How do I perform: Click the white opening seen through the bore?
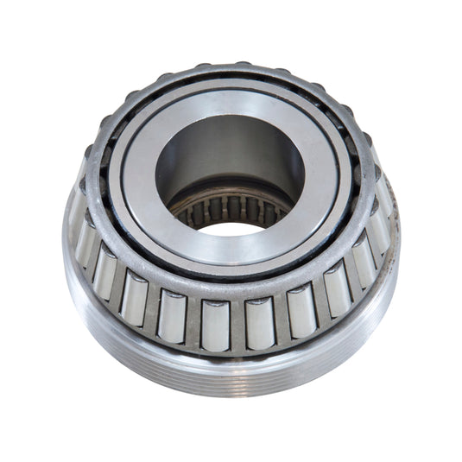point(231,228)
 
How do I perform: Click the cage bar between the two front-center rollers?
point(236,324)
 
